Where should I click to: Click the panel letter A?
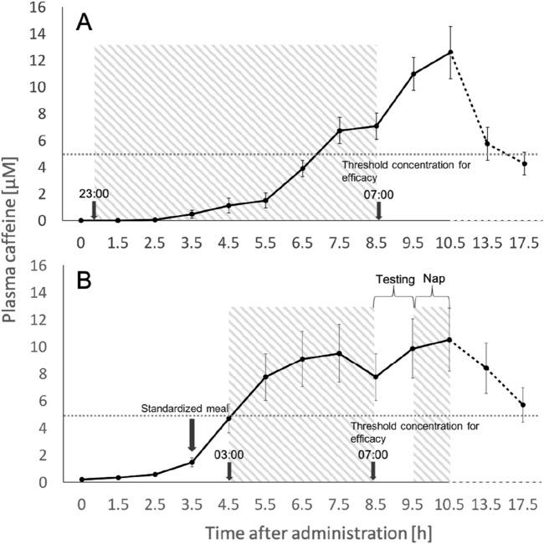click(x=85, y=23)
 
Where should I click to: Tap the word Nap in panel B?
click(x=433, y=280)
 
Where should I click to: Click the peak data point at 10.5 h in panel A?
click(x=450, y=53)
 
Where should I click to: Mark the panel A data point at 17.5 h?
click(x=524, y=163)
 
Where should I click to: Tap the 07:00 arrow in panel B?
click(x=372, y=471)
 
